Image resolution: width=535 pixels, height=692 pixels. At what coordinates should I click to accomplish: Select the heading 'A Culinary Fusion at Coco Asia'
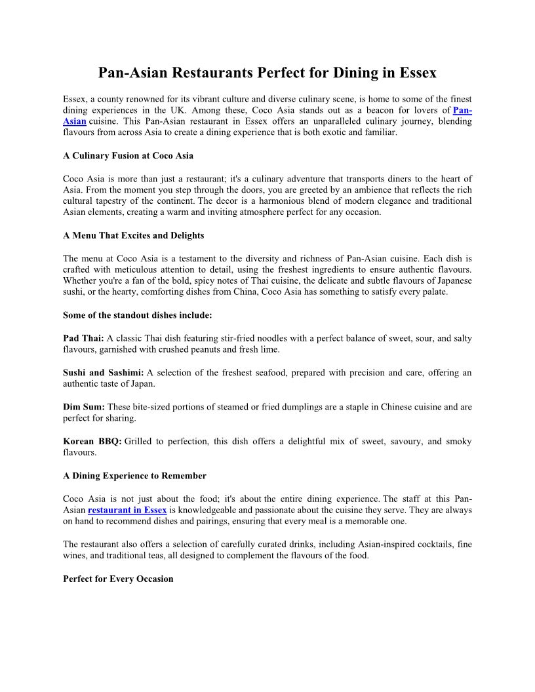[x=128, y=156]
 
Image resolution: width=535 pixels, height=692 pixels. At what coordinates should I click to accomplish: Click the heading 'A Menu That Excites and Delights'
[x=133, y=235]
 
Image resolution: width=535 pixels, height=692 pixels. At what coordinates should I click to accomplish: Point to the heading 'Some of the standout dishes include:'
[x=137, y=315]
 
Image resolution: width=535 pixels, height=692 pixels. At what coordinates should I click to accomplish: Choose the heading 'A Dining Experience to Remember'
[x=134, y=476]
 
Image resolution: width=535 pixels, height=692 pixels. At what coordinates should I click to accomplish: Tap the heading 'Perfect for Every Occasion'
[x=118, y=579]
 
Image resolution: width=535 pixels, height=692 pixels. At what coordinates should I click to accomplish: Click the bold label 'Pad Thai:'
[x=83, y=338]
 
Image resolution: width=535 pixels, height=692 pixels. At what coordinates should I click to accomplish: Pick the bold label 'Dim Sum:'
[x=84, y=407]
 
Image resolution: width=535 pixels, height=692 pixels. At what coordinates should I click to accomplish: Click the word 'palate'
[x=433, y=292]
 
